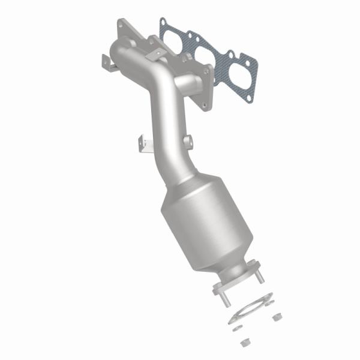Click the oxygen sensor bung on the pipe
[188, 142]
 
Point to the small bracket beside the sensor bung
[143, 144]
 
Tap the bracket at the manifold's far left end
[109, 61]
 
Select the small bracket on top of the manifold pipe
[157, 55]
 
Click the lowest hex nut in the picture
[244, 343]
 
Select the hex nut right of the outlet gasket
[277, 316]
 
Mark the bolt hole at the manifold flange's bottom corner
[208, 106]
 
